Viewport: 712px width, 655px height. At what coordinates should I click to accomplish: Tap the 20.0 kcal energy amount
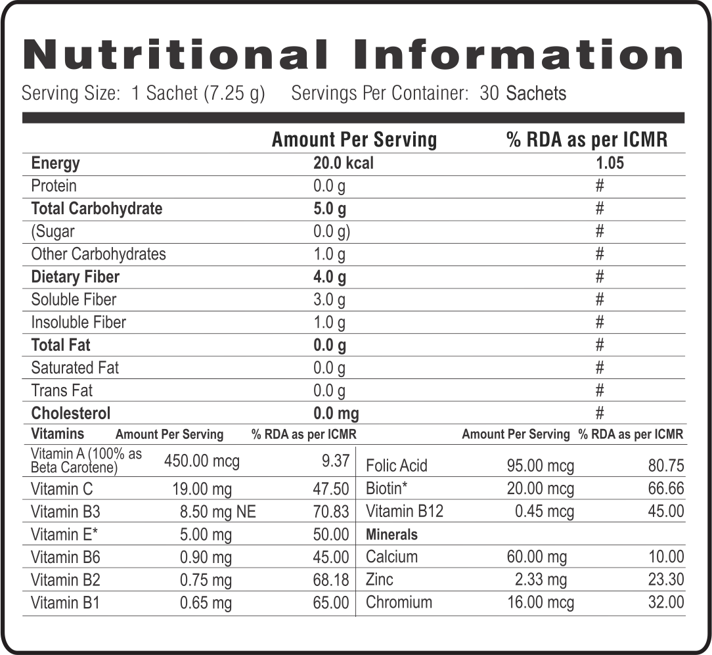click(x=343, y=163)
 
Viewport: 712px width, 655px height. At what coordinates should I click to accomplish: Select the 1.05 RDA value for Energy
click(x=610, y=163)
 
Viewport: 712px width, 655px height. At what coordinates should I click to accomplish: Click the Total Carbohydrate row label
click(x=97, y=209)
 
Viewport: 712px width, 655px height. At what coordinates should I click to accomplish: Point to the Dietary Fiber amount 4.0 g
click(x=330, y=277)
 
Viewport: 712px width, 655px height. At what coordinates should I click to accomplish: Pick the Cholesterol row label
click(x=71, y=413)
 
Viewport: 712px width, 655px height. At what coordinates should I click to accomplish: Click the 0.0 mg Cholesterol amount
click(x=336, y=413)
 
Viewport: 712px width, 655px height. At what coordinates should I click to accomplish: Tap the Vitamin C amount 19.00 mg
click(x=206, y=489)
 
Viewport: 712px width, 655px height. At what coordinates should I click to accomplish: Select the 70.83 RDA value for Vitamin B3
click(x=331, y=512)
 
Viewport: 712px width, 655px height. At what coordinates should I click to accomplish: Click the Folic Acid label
click(x=396, y=466)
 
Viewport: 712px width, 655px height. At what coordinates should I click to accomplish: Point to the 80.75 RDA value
click(x=665, y=466)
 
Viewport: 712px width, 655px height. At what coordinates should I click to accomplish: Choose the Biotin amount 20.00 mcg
click(x=540, y=489)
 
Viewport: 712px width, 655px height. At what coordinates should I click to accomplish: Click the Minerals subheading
click(x=391, y=535)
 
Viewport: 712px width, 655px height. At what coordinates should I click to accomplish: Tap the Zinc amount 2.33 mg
click(x=542, y=579)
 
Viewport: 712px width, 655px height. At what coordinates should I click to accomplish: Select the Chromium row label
click(x=399, y=602)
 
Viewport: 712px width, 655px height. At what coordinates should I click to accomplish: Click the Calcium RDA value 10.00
click(x=665, y=557)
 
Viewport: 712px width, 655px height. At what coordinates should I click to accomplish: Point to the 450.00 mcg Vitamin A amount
click(x=202, y=461)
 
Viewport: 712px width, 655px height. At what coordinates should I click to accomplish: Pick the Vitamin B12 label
click(x=404, y=512)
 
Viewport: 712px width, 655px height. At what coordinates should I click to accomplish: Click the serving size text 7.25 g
click(x=234, y=93)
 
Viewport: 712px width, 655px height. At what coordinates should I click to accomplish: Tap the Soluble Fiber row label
click(x=74, y=300)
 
